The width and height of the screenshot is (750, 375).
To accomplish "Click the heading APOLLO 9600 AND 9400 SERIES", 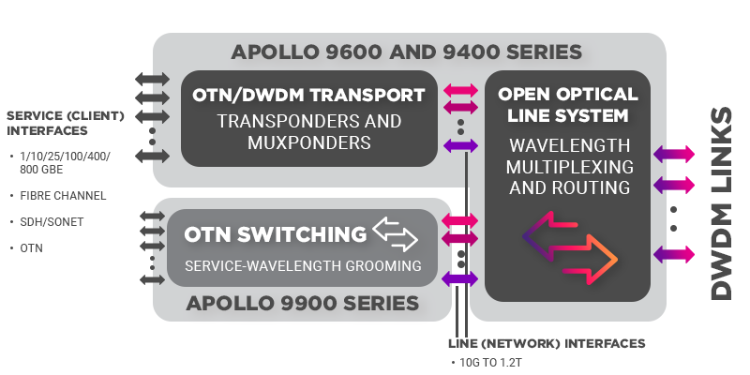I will point(408,51).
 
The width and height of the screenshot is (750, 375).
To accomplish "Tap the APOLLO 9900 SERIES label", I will point(302,303).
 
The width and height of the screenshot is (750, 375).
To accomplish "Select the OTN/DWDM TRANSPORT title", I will point(309,95).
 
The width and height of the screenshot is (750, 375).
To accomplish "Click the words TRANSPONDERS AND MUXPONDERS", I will point(309,132).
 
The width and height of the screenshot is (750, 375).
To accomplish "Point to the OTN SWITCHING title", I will point(276,233).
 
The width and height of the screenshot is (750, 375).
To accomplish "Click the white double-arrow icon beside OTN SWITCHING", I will point(395,233).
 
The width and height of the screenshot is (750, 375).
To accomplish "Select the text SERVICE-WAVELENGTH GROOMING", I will point(302,266).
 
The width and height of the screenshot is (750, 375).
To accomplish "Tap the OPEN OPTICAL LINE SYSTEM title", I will point(568,105).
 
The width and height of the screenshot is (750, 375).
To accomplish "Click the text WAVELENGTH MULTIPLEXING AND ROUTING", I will point(568,167).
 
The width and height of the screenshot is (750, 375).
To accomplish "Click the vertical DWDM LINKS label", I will point(720,202).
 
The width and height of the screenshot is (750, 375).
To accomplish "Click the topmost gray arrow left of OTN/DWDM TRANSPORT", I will point(153,78).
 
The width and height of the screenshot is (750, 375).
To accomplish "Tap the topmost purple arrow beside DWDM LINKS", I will point(673,154).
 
